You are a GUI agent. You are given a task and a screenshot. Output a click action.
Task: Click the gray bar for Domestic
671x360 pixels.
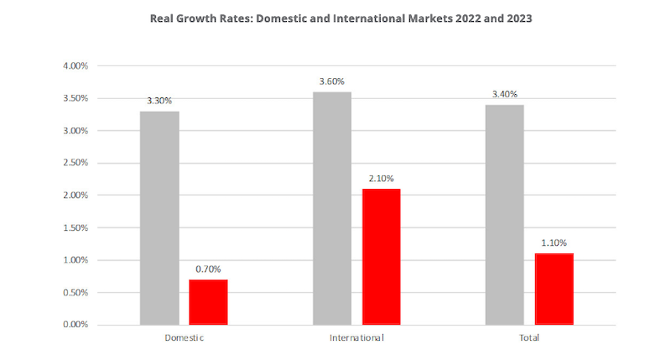pyautogui.click(x=159, y=217)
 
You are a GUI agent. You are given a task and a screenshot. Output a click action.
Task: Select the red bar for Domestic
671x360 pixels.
pyautogui.click(x=208, y=301)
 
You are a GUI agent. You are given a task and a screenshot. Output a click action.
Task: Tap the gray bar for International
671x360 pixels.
pyautogui.click(x=332, y=208)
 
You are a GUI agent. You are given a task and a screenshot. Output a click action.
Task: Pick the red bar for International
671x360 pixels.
pyautogui.click(x=381, y=256)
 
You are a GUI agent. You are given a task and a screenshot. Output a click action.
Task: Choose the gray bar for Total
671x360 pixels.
pyautogui.click(x=505, y=214)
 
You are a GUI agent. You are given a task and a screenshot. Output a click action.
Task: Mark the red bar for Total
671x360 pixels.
pyautogui.click(x=554, y=289)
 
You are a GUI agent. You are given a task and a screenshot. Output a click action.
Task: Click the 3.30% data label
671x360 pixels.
pyautogui.click(x=159, y=101)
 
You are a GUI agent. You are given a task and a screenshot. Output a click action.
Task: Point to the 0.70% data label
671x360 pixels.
pyautogui.click(x=208, y=269)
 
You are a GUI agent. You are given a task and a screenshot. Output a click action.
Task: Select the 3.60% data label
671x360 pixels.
pyautogui.click(x=332, y=81)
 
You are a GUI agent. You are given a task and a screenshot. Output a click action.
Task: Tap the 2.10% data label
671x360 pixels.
pyautogui.click(x=381, y=178)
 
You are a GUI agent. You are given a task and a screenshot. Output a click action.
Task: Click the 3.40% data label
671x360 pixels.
pyautogui.click(x=505, y=94)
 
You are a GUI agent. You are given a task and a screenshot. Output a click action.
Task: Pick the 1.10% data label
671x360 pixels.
pyautogui.click(x=554, y=243)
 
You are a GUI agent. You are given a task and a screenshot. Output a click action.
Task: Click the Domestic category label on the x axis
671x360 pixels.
pyautogui.click(x=184, y=338)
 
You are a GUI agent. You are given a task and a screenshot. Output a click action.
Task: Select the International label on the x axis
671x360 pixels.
pyautogui.click(x=356, y=338)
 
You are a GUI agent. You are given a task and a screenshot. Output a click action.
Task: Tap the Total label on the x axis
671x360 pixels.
pyautogui.click(x=529, y=338)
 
